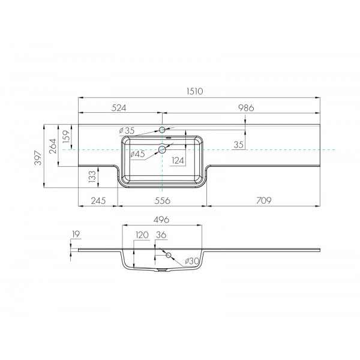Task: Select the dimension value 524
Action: click(119, 108)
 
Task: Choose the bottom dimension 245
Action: click(98, 200)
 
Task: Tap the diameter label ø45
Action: click(137, 154)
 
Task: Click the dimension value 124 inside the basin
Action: click(177, 160)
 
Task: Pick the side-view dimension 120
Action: click(140, 235)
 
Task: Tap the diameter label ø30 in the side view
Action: click(190, 260)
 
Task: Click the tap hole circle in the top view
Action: click(163, 129)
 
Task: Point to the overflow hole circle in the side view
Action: click(169, 256)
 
